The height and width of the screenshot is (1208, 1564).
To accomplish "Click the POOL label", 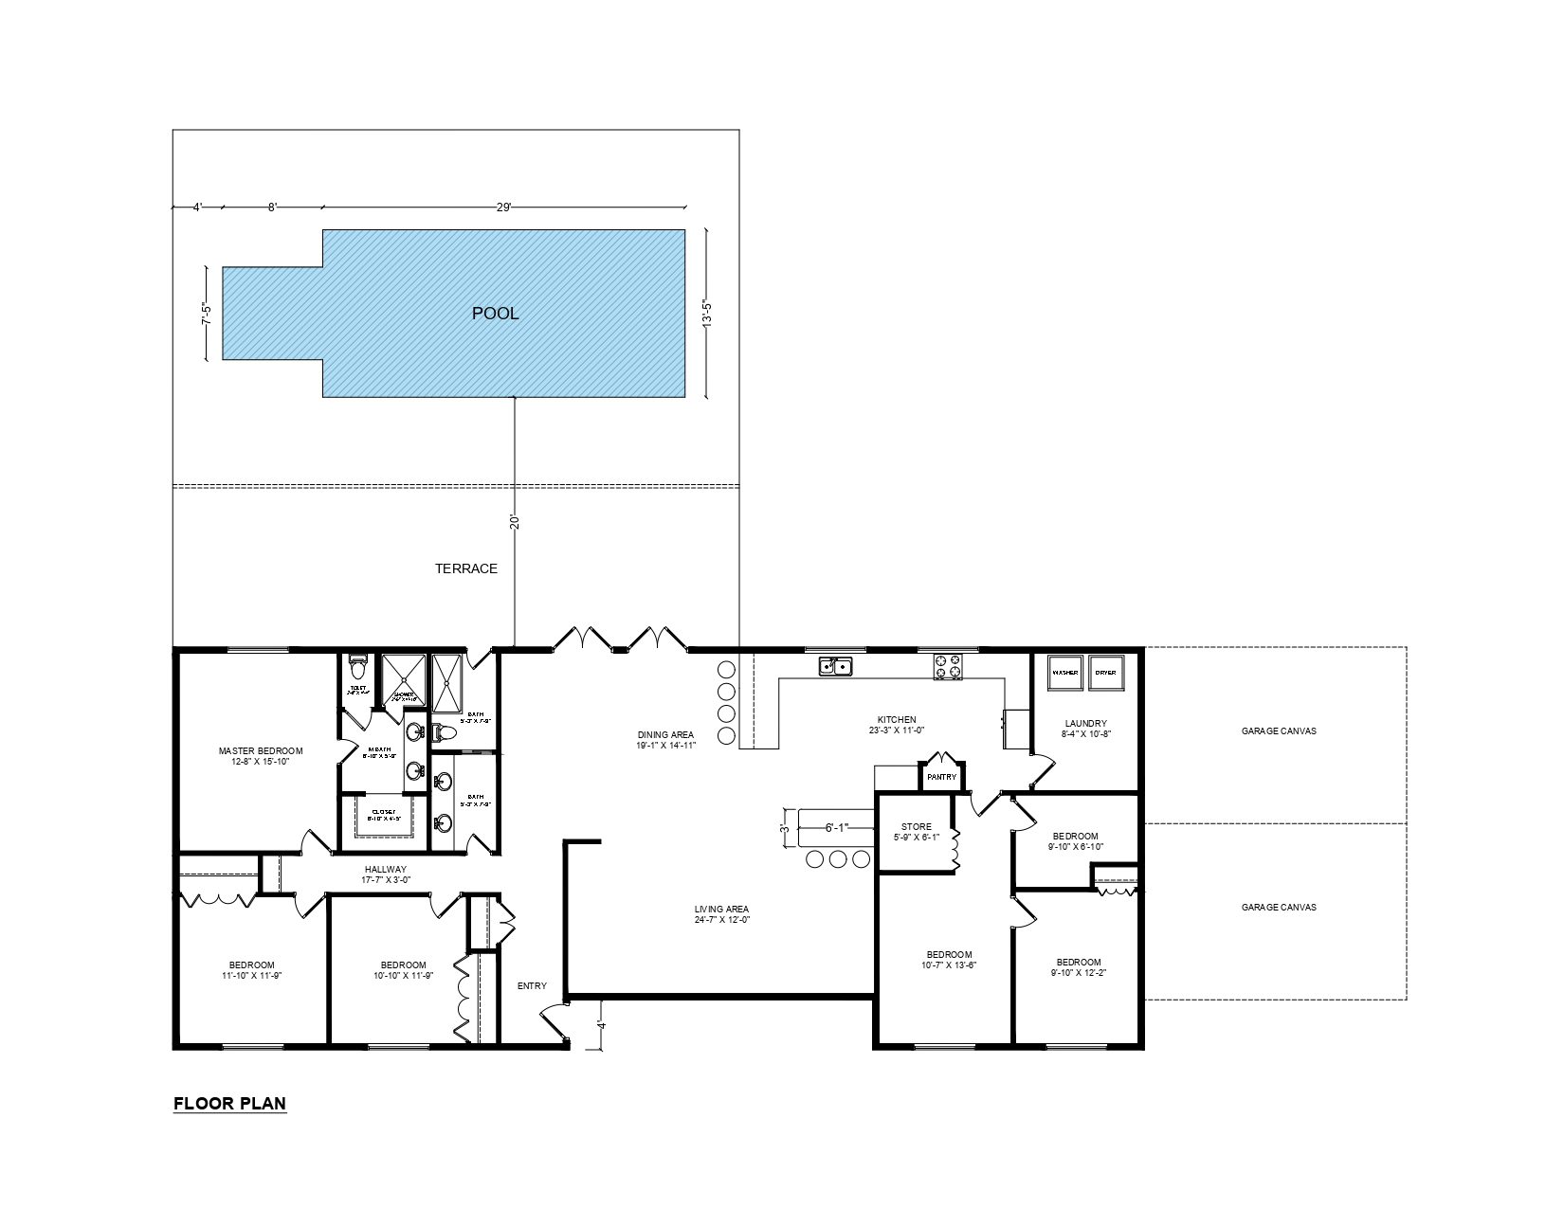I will [x=495, y=314].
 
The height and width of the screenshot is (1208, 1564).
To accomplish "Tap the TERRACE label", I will [x=465, y=568].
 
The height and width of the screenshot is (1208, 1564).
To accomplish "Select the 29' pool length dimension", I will [x=503, y=207].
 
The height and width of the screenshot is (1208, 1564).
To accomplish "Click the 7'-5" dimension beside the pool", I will [x=206, y=314].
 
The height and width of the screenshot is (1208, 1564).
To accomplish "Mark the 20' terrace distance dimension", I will [x=515, y=522].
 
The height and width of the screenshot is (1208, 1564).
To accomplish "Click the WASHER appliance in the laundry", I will [x=1064, y=673].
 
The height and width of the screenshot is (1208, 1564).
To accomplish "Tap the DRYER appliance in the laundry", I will [x=1105, y=673].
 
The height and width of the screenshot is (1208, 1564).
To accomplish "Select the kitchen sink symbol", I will [x=835, y=666].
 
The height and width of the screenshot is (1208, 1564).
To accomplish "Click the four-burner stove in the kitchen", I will [x=947, y=666].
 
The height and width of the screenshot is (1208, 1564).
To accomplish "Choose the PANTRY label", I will [x=942, y=778].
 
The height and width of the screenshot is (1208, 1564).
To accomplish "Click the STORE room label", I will [x=916, y=827].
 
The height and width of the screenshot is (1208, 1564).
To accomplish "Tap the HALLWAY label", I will [x=385, y=869].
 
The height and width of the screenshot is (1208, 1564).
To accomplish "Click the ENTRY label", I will [x=532, y=986].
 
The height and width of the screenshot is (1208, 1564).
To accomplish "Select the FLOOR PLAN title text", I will [x=229, y=1104].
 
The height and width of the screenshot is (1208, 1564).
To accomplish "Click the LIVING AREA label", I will [x=721, y=910].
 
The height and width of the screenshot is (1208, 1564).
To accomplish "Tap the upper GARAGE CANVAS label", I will [x=1279, y=730].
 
